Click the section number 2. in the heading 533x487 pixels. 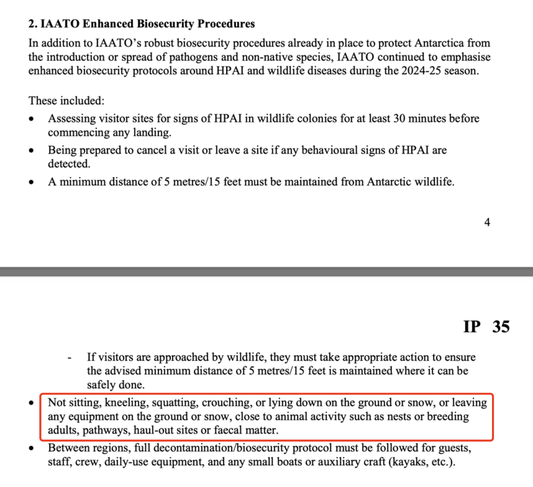[34, 24]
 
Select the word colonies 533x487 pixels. [305, 118]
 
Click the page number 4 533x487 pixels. [487, 222]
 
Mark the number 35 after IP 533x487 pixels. [501, 327]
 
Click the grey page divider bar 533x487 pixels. [266, 271]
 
